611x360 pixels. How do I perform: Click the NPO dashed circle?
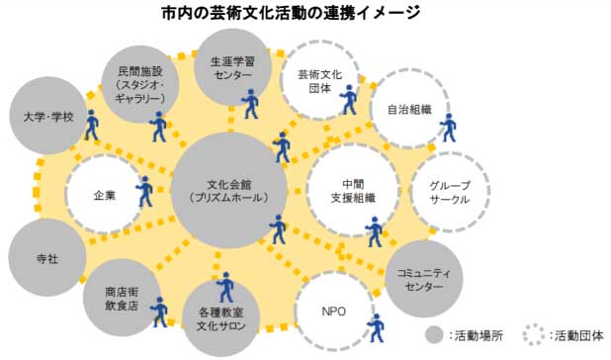(334, 311)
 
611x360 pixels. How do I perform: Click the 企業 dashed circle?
(104, 195)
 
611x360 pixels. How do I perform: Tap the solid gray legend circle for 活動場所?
(434, 334)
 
